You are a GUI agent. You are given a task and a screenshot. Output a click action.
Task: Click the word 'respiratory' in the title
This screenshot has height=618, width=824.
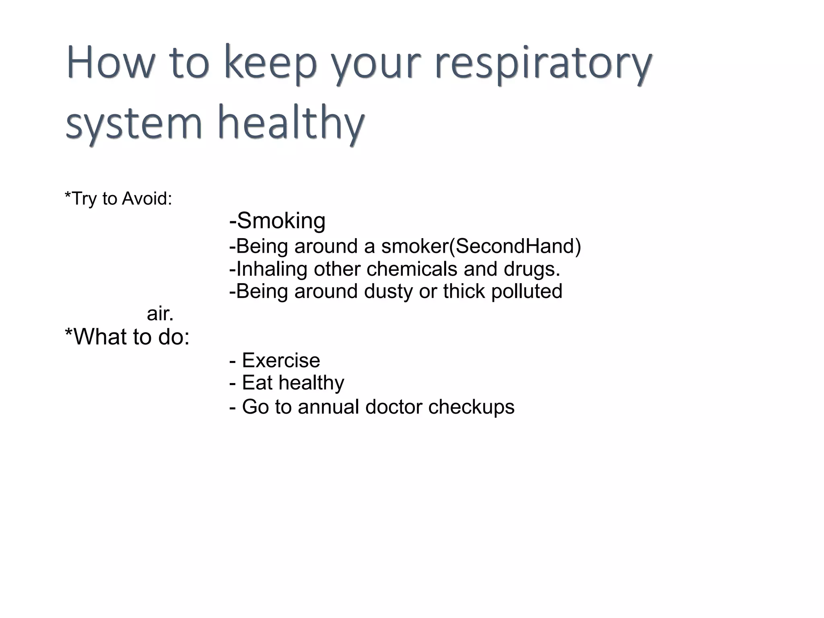coord(543,64)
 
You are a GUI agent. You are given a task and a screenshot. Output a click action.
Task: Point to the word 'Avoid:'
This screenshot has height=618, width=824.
coord(147,199)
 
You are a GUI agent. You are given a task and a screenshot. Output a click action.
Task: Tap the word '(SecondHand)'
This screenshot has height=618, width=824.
coord(515,246)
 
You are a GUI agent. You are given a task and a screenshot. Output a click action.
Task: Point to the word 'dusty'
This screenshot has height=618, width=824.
coord(388,291)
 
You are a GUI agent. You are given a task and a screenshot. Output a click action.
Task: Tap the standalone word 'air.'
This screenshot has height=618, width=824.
coord(160,314)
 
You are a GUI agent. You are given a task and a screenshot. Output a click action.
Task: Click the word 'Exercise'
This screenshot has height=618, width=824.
coord(281,360)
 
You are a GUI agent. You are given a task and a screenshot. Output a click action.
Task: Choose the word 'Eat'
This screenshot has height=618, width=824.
coord(257,382)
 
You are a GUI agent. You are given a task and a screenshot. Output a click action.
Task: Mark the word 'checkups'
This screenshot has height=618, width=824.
coord(471,407)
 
